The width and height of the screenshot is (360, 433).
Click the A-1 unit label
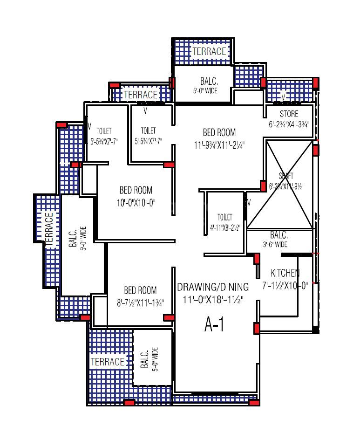coord(214,325)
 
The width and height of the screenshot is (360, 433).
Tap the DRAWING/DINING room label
coord(212,287)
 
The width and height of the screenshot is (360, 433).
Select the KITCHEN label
coord(285,273)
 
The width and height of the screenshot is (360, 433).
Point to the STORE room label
coord(289,114)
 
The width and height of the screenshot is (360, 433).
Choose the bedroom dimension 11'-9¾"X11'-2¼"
coord(219,145)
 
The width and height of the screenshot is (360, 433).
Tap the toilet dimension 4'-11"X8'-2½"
coord(224,228)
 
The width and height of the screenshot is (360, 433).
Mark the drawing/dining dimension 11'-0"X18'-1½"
coord(212,298)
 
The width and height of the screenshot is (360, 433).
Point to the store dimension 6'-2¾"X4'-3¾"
coord(289,124)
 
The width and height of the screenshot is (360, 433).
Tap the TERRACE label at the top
coord(209,51)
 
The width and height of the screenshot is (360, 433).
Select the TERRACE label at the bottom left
coord(108,362)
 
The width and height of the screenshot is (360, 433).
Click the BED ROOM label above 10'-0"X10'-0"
coord(136,190)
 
